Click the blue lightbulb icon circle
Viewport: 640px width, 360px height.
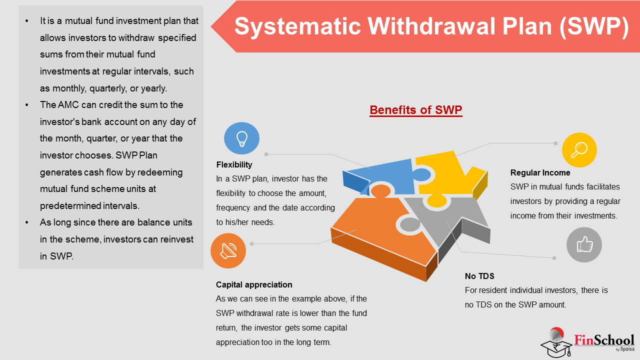coord(241,138)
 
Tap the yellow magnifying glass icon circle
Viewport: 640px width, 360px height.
coord(579,150)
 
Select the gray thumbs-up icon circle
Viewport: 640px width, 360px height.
coord(584,245)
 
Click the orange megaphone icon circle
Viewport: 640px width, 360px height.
coord(228,251)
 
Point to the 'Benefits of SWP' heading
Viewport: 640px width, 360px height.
coord(416,110)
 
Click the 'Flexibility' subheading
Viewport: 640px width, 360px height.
coord(234,165)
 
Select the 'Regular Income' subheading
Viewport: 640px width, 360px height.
coord(540,172)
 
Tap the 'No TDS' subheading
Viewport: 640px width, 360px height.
coord(479,276)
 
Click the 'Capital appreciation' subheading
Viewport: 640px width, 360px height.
coord(254,284)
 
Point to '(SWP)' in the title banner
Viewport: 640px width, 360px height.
coord(594,27)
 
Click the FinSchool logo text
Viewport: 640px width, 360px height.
coord(604,341)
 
